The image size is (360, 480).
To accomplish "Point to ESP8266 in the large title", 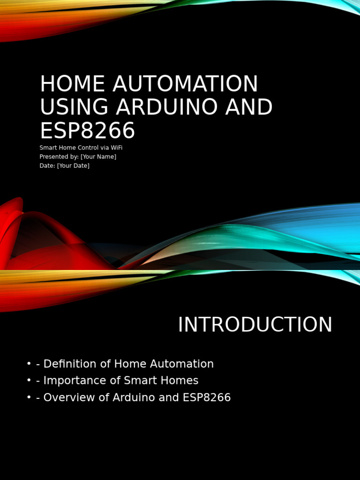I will point(87,131).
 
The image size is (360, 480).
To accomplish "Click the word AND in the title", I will point(249,107).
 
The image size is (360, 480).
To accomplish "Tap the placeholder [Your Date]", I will point(73,165).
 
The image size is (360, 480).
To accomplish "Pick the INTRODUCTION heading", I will point(255,325).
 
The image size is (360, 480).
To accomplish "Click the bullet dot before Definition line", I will point(29,364).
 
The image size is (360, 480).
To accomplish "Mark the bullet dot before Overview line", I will point(29,397).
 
